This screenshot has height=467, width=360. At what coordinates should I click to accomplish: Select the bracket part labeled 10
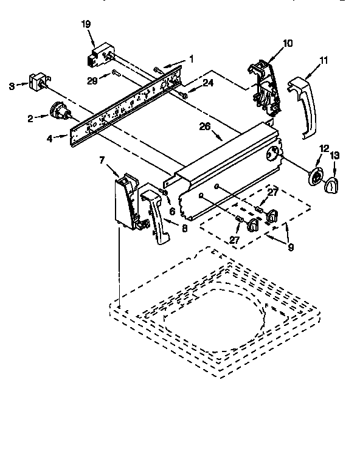pyautogui.click(x=266, y=88)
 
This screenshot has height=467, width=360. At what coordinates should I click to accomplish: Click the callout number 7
pyautogui.click(x=102, y=160)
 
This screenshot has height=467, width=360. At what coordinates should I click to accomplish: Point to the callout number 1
pyautogui.click(x=191, y=59)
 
